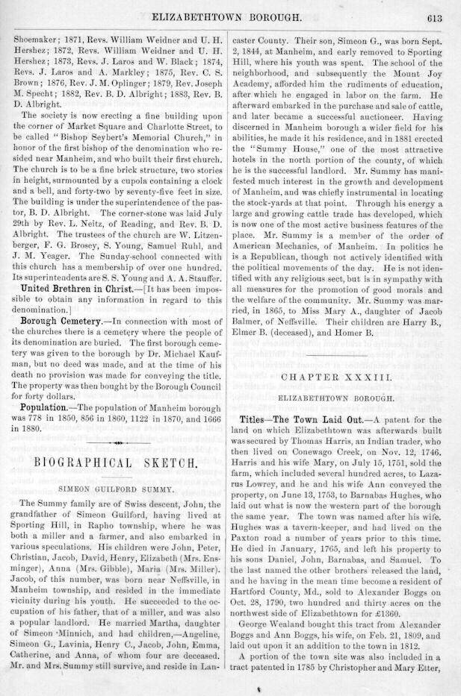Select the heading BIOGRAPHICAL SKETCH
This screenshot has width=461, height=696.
coord(116,463)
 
